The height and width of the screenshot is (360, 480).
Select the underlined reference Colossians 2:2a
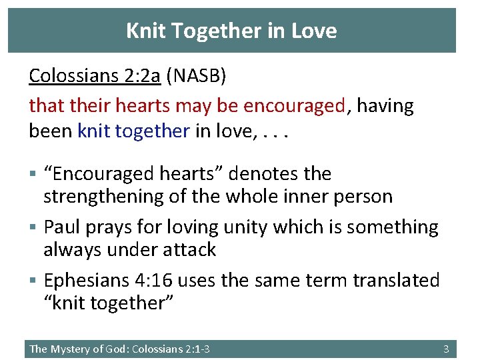(95, 76)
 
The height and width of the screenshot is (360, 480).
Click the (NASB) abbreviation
(197, 76)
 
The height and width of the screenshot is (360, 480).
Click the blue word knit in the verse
(94, 131)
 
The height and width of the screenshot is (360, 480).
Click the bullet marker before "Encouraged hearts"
(33, 174)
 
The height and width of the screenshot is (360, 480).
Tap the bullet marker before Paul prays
(33, 227)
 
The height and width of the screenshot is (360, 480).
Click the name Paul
(63, 227)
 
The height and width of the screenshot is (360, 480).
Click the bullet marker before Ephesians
(33, 281)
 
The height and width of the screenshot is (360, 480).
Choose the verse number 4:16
(157, 280)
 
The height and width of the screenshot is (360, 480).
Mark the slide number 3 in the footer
(446, 349)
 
